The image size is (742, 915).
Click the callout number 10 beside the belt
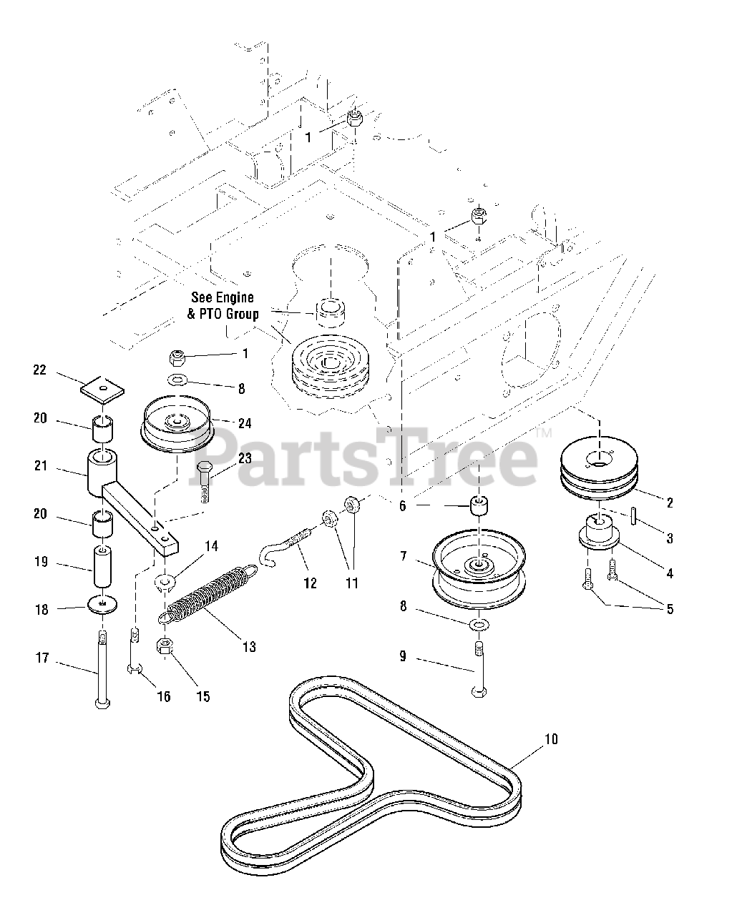click(x=550, y=738)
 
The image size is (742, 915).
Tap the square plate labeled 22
click(x=101, y=390)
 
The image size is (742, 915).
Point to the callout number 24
click(x=245, y=423)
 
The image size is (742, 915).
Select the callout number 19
click(x=40, y=562)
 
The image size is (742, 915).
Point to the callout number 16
click(x=164, y=696)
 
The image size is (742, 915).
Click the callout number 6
click(x=403, y=505)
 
